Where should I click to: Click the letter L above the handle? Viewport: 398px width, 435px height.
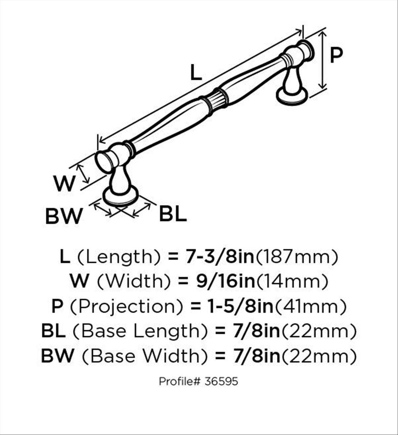[x=196, y=72]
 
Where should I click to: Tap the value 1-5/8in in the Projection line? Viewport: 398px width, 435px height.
[x=240, y=306]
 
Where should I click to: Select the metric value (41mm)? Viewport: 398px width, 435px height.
[x=310, y=306]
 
